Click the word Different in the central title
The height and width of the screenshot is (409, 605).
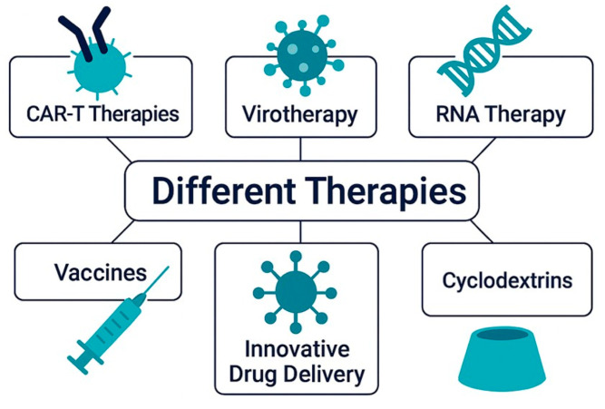click(x=210, y=191)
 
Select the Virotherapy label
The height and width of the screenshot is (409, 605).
click(x=300, y=116)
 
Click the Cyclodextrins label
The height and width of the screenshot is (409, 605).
click(x=507, y=278)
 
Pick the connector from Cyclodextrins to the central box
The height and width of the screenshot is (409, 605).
click(x=481, y=232)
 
